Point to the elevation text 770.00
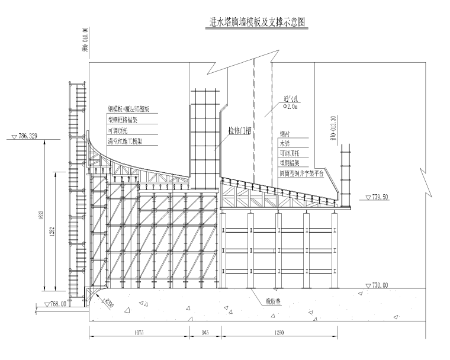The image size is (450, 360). click(381, 285)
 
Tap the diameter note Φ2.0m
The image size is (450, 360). click(291, 108)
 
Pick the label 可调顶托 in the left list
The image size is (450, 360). click(118, 130)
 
